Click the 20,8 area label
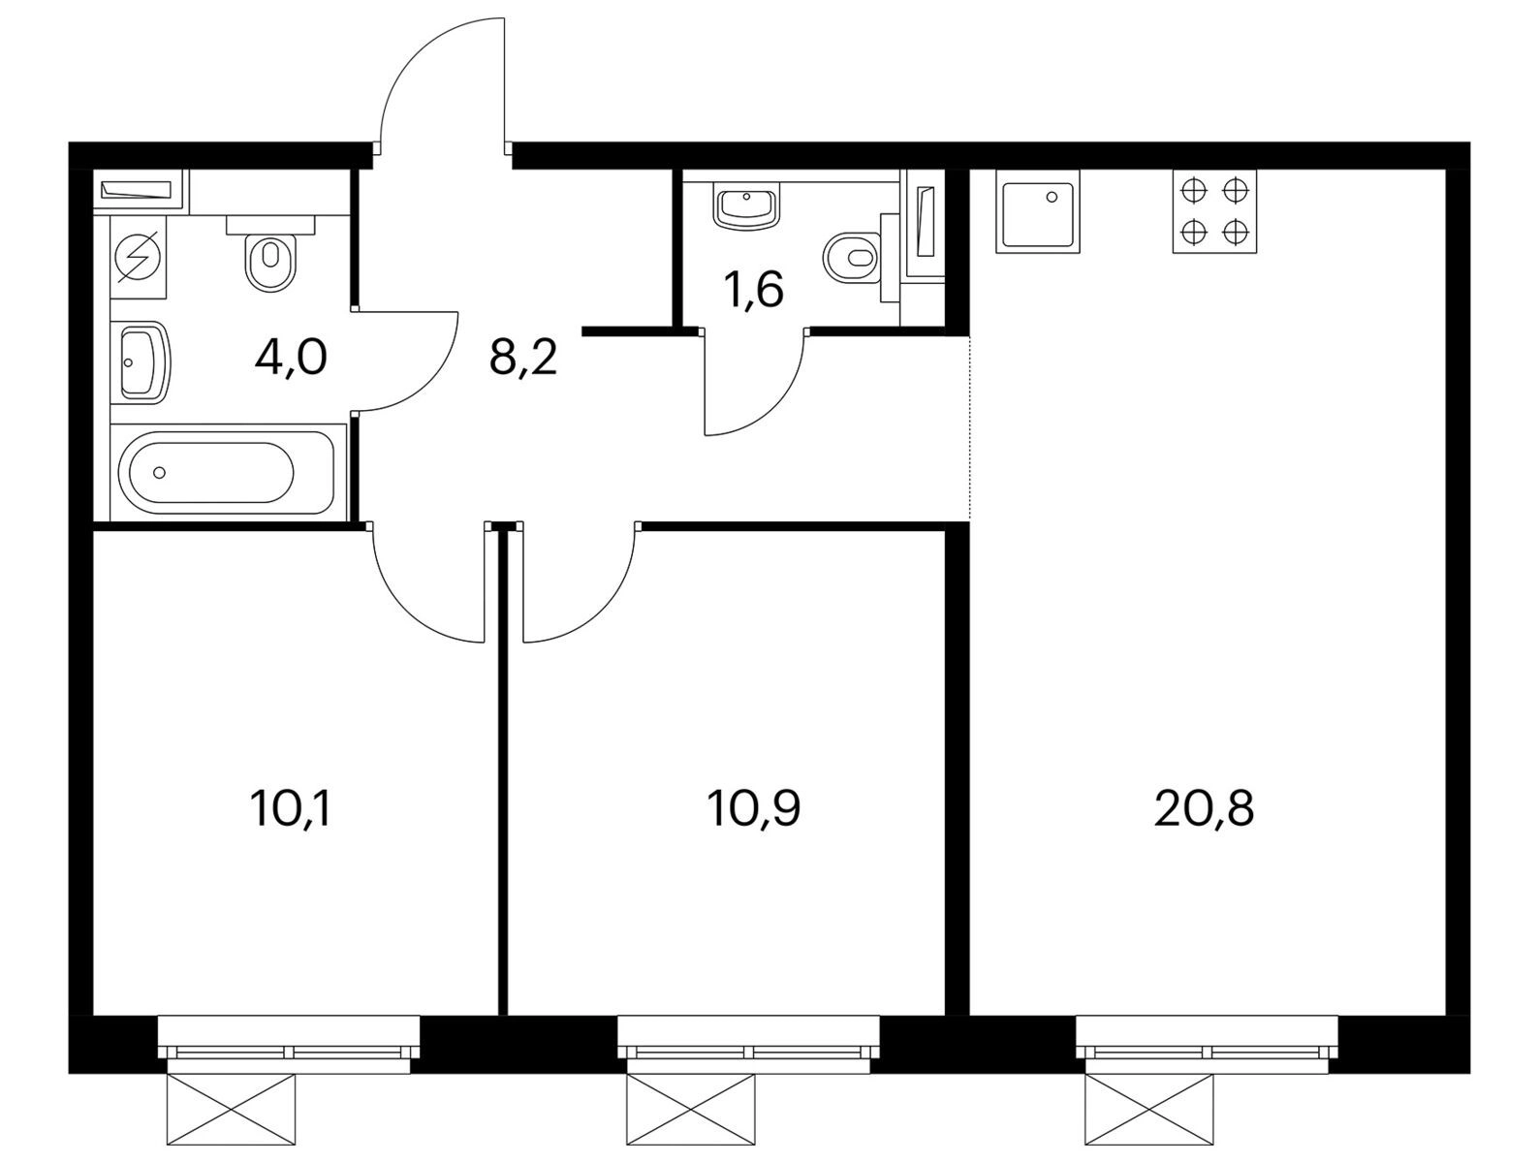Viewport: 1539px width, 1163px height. (1203, 808)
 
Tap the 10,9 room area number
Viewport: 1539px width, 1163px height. (753, 808)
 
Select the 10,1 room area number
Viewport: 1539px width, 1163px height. (289, 808)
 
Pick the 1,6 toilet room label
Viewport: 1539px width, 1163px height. (754, 289)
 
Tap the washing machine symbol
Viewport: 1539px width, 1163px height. (139, 258)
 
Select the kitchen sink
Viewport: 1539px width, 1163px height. (1037, 210)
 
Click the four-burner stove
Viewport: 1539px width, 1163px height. (1214, 210)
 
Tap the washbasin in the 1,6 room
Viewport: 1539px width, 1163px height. (746, 205)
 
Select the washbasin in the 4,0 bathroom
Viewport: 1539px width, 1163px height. (145, 362)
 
